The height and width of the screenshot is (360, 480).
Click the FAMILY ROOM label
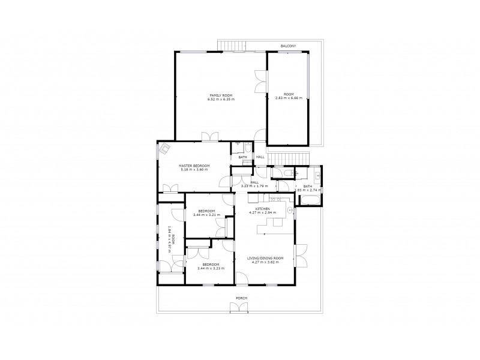(x=221, y=95)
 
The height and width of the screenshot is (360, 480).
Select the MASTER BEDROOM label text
(x=194, y=166)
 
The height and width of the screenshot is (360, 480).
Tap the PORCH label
(x=241, y=298)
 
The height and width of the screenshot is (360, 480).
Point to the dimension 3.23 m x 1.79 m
(x=254, y=187)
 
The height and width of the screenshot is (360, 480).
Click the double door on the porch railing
(x=239, y=308)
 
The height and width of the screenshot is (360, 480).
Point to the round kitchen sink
(x=290, y=211)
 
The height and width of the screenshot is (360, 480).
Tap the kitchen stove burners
(x=277, y=199)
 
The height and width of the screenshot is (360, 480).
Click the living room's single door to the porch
(x=241, y=278)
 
